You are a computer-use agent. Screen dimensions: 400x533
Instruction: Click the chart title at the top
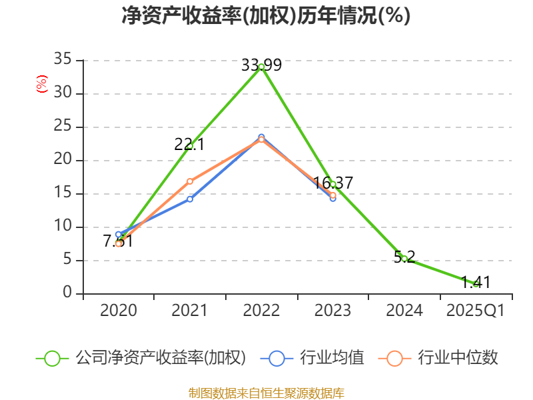[x=266, y=16]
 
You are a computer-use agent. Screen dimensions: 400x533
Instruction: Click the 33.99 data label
[x=261, y=65]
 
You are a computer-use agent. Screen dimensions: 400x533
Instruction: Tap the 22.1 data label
[x=189, y=144]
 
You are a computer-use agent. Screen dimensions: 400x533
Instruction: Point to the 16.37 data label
[x=332, y=183]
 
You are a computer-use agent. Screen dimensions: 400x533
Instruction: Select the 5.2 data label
[x=404, y=257]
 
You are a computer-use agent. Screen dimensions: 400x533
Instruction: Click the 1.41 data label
[x=476, y=283]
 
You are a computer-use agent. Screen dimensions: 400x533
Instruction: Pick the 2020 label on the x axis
[x=118, y=310]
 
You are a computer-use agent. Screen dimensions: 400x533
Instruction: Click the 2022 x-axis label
[x=261, y=310]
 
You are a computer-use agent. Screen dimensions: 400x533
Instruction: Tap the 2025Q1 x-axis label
[x=476, y=310]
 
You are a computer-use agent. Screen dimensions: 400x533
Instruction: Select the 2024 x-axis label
[x=404, y=310]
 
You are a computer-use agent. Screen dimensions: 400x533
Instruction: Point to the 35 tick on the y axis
[x=63, y=60]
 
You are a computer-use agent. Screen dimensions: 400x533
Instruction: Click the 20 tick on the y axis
[x=63, y=160]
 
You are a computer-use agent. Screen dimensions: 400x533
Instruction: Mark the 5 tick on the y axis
[x=67, y=260]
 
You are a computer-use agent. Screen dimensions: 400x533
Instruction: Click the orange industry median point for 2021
[x=190, y=181]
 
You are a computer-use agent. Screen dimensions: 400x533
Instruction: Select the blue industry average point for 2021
[x=190, y=199]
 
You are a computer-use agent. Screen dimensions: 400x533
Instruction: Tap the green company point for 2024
[x=404, y=259]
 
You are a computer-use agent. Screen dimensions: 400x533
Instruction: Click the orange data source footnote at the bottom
[x=266, y=393]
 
